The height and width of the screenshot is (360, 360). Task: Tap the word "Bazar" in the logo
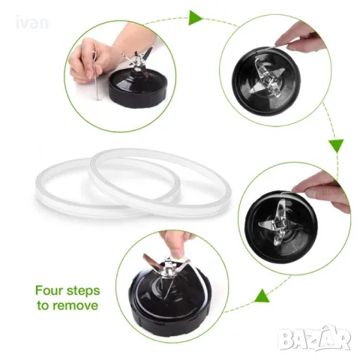click(x=314, y=339)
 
